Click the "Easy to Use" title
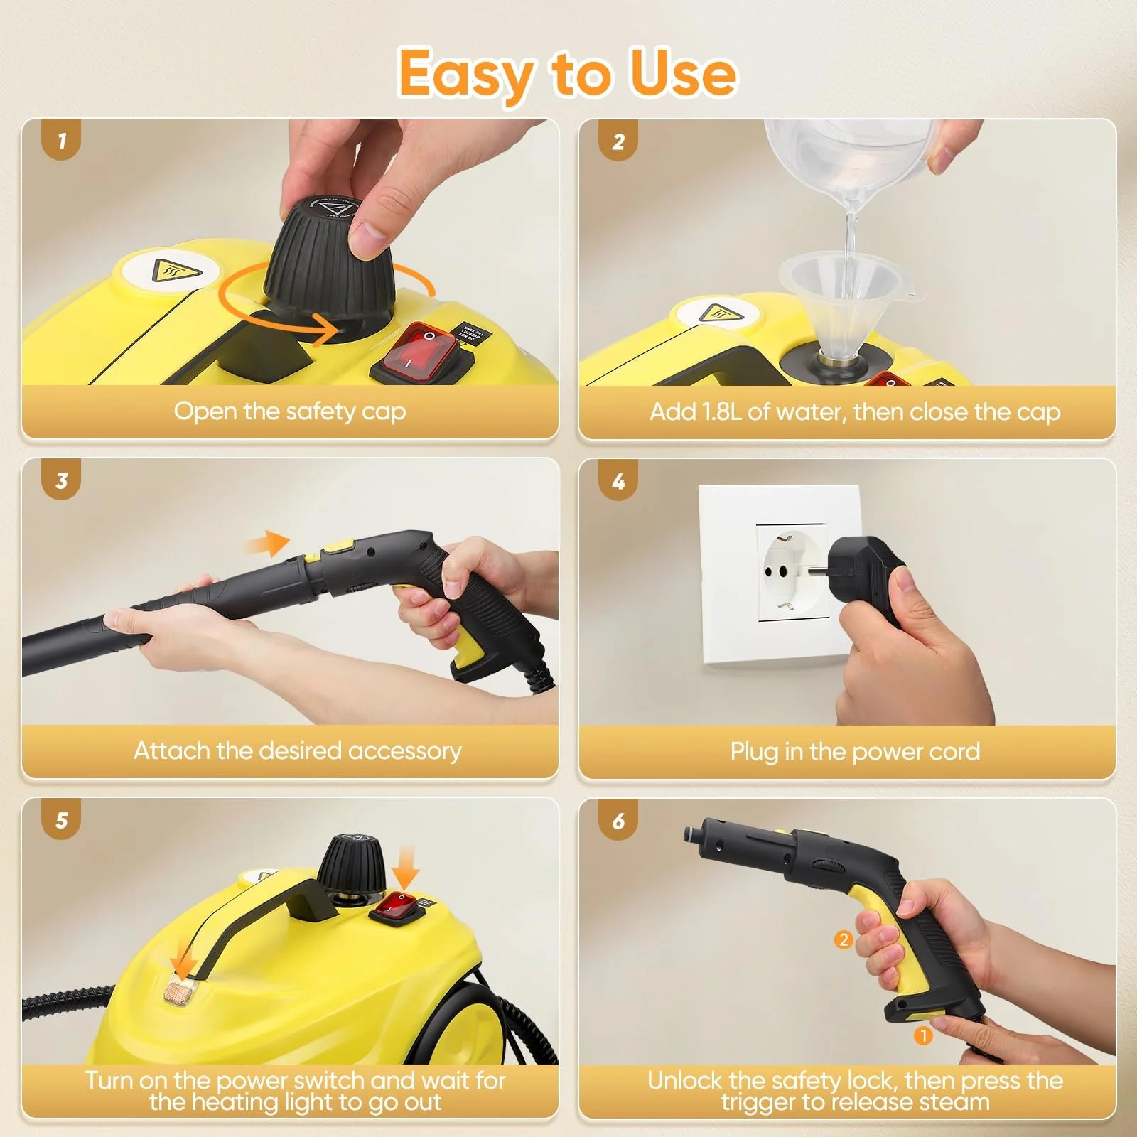click(567, 74)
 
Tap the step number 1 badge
click(61, 141)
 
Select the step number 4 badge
click(618, 481)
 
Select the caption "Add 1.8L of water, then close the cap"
click(855, 411)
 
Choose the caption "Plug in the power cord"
click(855, 751)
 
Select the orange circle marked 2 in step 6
click(844, 940)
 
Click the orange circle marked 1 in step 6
click(922, 1036)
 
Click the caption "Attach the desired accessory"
click(298, 750)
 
